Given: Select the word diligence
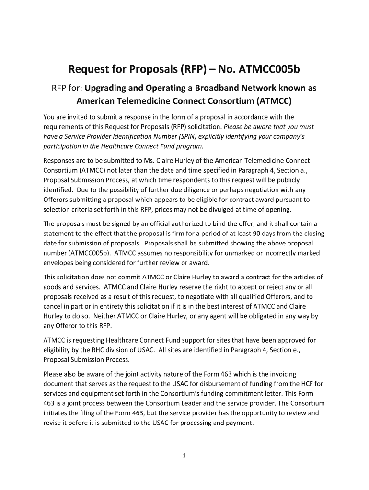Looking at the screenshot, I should [180, 190].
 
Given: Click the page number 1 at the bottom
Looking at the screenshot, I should [184, 456].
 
